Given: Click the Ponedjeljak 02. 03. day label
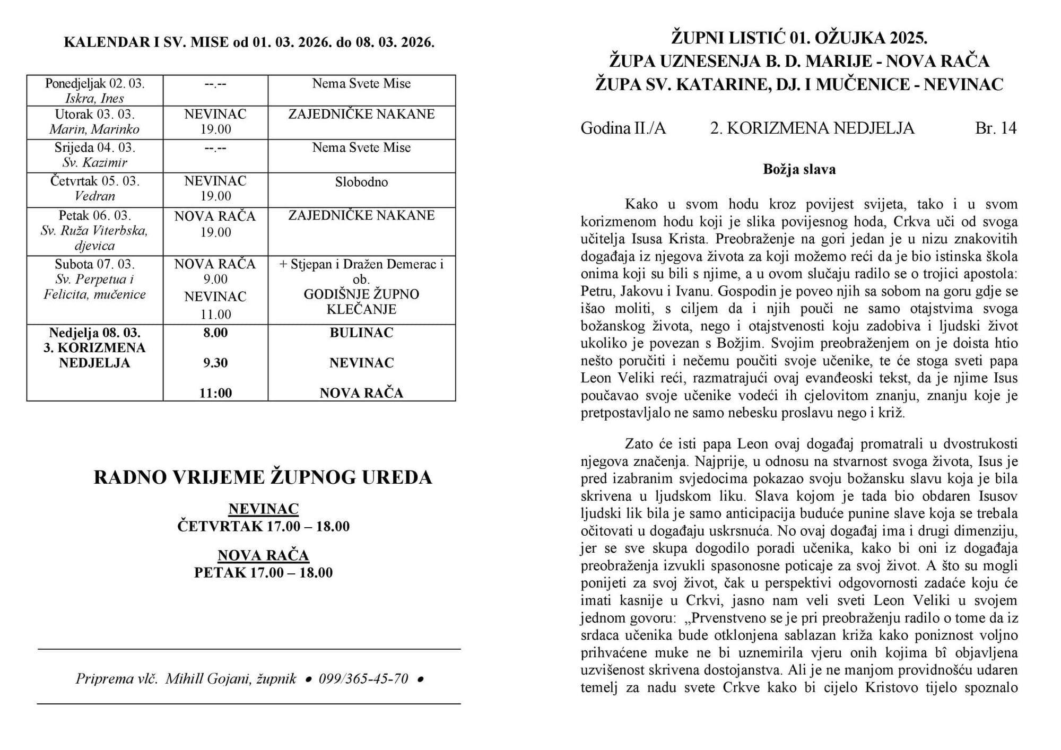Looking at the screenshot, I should coord(94,84).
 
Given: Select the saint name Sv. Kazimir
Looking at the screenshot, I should coord(94,162).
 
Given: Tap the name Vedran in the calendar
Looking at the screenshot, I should coord(94,196).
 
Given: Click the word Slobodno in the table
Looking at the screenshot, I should coord(361,182).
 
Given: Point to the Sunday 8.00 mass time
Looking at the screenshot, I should coord(215,333).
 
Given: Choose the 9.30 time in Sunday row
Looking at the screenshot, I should coord(215,363).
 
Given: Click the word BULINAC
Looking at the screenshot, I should coord(361,333).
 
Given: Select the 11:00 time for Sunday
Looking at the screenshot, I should coord(215,393).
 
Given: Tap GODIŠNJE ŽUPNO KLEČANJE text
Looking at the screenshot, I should coord(361,302).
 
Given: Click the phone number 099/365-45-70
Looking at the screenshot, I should coord(363,678).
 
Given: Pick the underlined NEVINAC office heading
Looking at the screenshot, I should coord(264,509).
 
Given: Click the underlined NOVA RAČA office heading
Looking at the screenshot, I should coord(263,555).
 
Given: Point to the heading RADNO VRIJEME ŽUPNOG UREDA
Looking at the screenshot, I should coord(263,477).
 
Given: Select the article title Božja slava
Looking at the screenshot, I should coord(799,169).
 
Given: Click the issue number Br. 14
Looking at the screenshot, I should coord(995,128).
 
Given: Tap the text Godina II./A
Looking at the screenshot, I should coord(623,128).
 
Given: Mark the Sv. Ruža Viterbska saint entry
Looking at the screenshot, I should coord(94,231).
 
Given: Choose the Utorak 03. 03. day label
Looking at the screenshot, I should coord(94,114).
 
